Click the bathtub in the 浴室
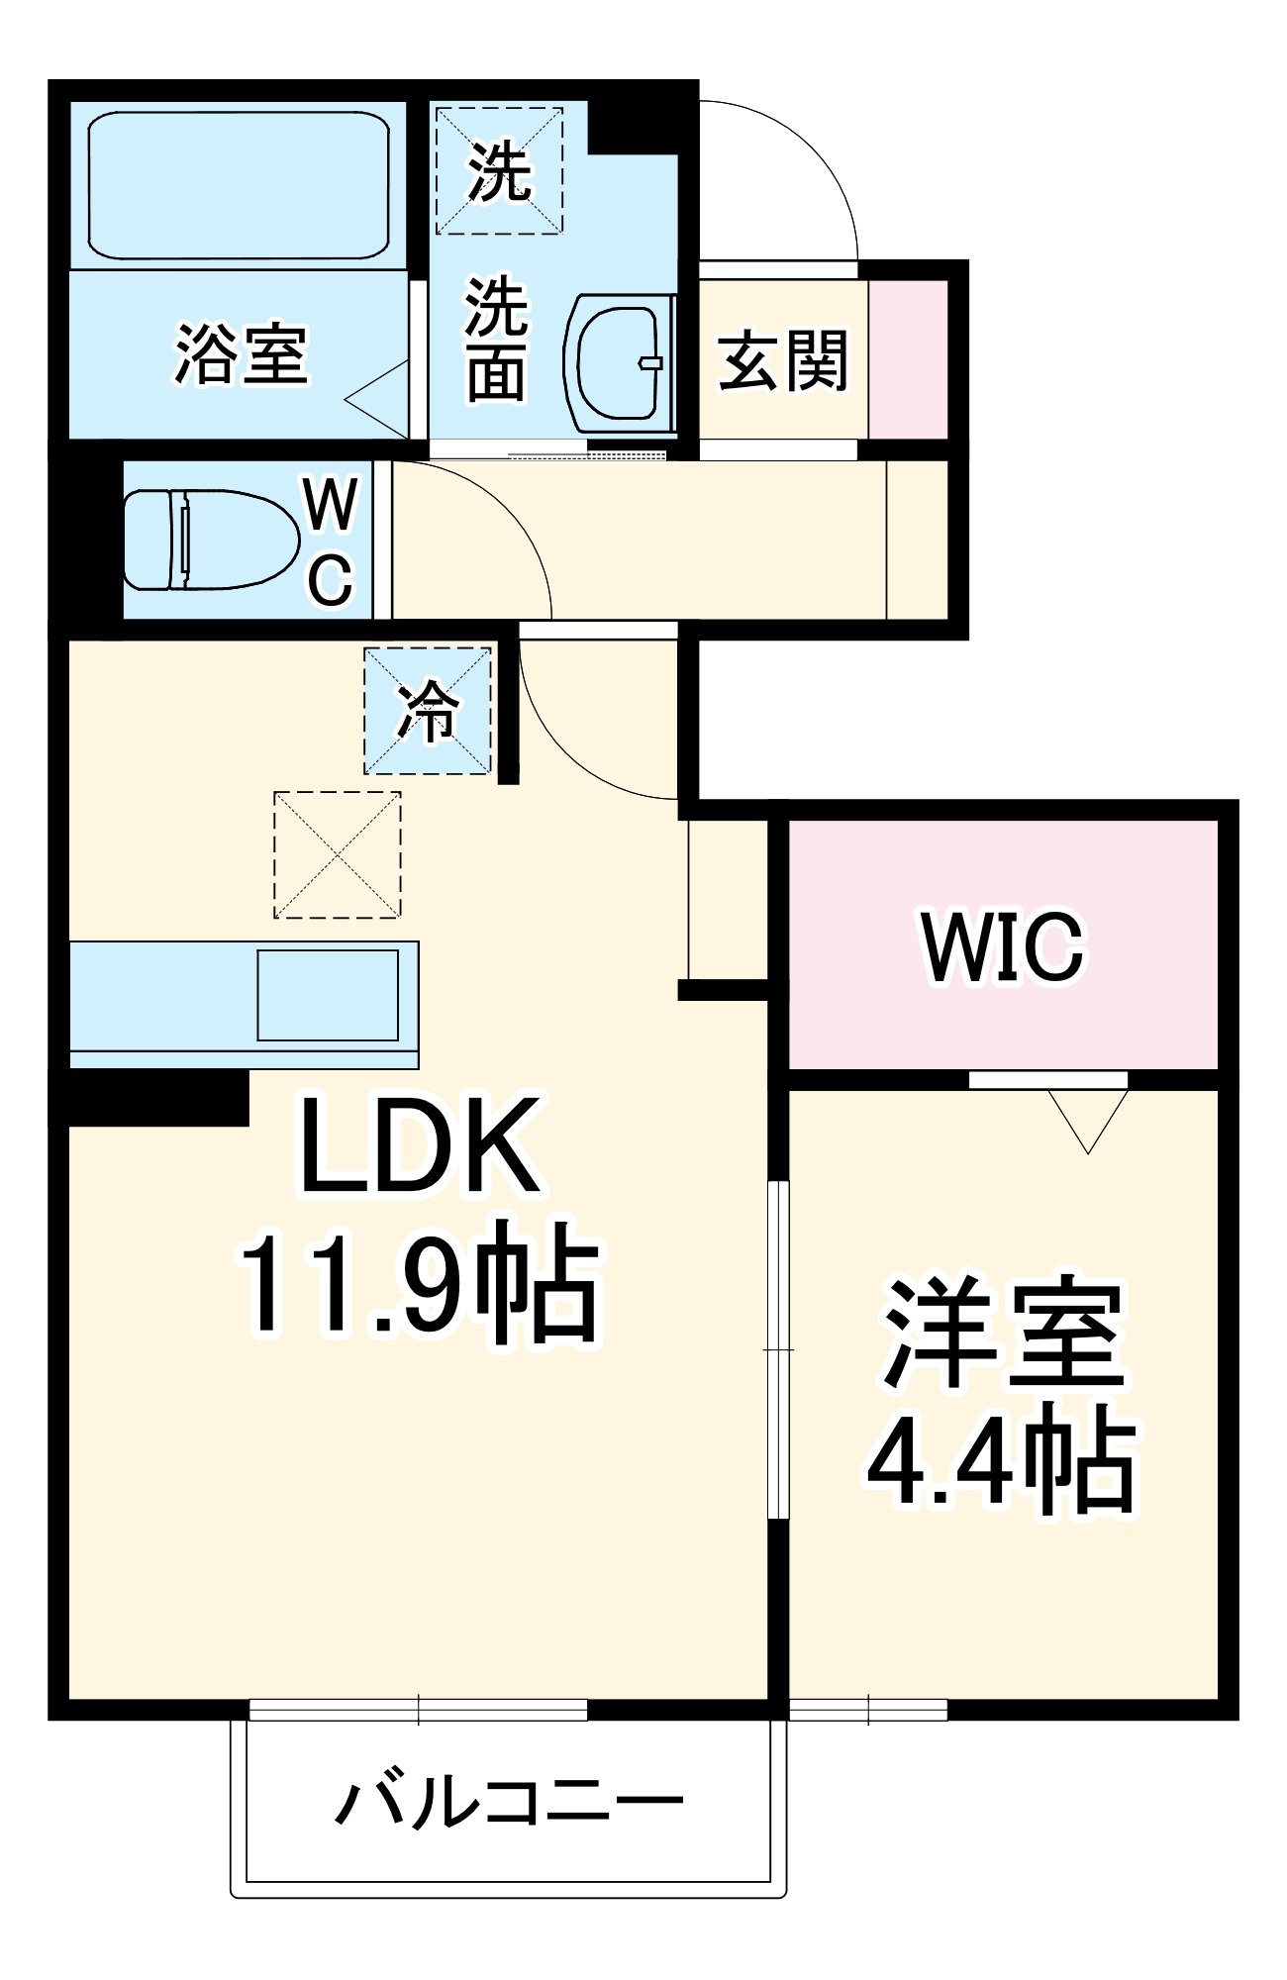click(x=238, y=185)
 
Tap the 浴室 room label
click(x=242, y=353)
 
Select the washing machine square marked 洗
click(x=500, y=171)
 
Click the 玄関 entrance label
click(x=783, y=361)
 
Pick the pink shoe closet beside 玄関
click(x=908, y=359)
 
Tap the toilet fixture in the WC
click(x=210, y=540)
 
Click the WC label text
click(x=331, y=542)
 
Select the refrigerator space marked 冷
click(x=428, y=711)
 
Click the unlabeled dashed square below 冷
click(x=338, y=854)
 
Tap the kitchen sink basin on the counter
click(x=328, y=995)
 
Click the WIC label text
click(x=1003, y=947)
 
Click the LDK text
click(x=421, y=1145)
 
